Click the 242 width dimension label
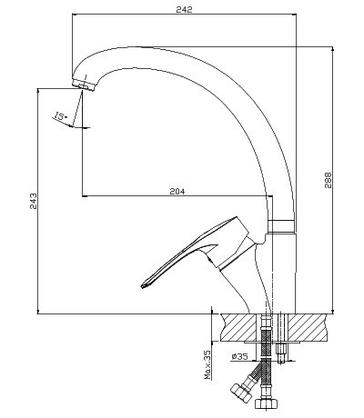[x=184, y=9]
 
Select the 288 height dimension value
[x=329, y=181]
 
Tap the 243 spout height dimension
[x=34, y=201]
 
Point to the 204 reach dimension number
[x=177, y=192]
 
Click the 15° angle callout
[x=61, y=116]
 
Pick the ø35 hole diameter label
[x=239, y=356]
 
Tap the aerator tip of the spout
[x=84, y=85]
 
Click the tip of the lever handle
[x=144, y=285]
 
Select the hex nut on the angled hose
[x=241, y=393]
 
